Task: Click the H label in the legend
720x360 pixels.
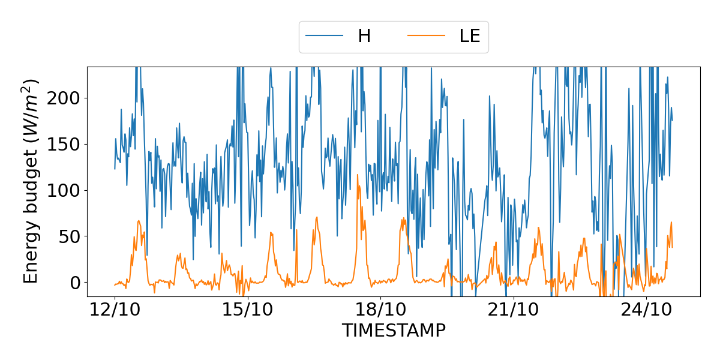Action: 364,36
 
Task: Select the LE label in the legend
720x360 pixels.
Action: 470,36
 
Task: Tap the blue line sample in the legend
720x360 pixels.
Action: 325,36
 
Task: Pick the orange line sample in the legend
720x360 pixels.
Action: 427,36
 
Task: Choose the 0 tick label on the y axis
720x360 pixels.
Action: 75,283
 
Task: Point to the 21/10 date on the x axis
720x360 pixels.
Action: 514,311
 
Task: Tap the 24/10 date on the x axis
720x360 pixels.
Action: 646,311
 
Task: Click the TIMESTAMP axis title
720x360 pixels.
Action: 394,331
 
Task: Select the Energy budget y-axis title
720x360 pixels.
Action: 31,181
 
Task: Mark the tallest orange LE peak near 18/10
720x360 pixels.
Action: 358,175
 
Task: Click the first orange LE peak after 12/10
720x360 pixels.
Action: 139,221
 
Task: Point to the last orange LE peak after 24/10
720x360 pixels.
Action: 671,222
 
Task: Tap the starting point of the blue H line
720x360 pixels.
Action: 115,169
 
